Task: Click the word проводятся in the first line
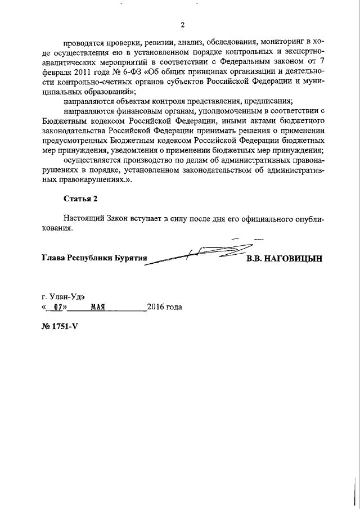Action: (82, 42)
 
